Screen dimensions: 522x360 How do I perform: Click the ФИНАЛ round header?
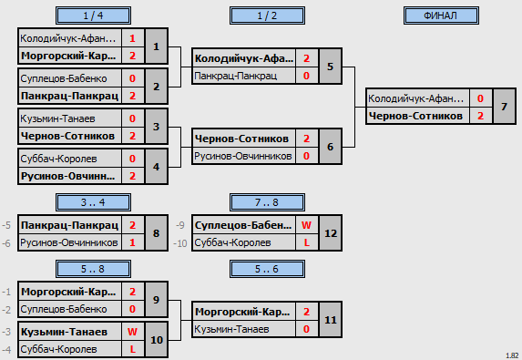(x=441, y=15)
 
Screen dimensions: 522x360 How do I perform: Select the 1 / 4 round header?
(x=93, y=15)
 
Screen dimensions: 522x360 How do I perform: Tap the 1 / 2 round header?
(x=267, y=15)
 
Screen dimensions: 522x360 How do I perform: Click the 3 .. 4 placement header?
(x=93, y=202)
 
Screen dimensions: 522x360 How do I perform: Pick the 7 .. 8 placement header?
(x=267, y=202)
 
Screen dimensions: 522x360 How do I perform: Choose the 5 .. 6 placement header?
(x=267, y=269)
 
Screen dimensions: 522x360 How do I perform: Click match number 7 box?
(x=504, y=107)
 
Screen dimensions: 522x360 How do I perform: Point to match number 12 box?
(x=331, y=233)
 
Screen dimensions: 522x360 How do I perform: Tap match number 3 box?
(x=156, y=127)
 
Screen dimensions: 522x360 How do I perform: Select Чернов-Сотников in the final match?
(x=415, y=116)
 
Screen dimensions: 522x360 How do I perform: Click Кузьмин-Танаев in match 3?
(x=58, y=118)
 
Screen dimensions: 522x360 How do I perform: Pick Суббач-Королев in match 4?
(x=58, y=159)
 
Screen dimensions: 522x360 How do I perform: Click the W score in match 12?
(x=306, y=225)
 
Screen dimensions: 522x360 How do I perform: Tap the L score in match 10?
(x=132, y=349)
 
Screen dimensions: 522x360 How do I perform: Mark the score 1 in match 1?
(x=132, y=38)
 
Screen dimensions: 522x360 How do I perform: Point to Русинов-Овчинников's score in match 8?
(x=132, y=242)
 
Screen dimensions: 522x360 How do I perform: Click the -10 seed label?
(x=180, y=243)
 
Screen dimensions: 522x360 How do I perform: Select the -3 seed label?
(x=6, y=332)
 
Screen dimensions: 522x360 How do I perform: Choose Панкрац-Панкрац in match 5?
(x=235, y=76)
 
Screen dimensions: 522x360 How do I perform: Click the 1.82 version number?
(x=512, y=355)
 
